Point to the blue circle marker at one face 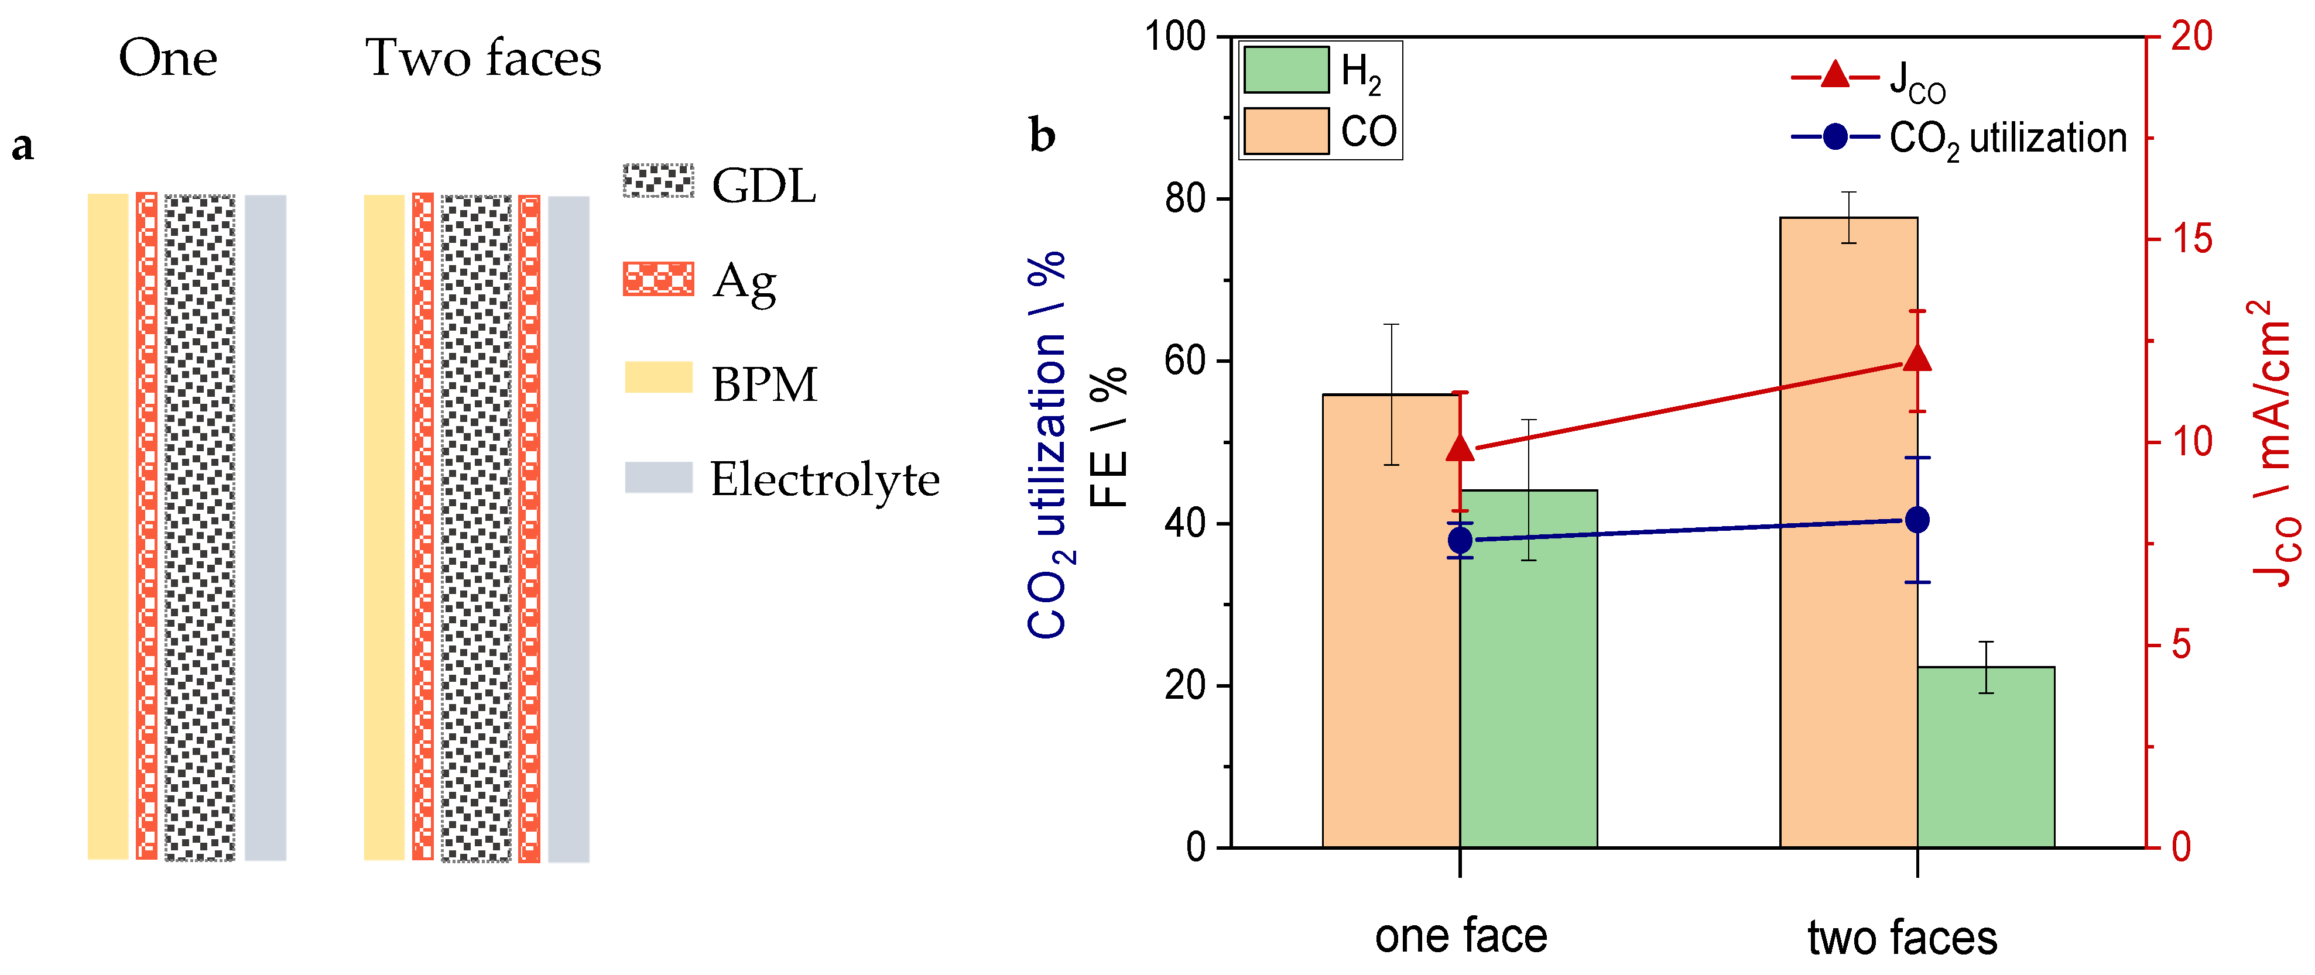point(1460,540)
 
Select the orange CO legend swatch point(1285,131)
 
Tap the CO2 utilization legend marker point(1835,138)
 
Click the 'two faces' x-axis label point(1902,938)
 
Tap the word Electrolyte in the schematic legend point(824,478)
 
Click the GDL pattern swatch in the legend point(658,181)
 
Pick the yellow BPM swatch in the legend point(658,377)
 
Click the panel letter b point(1042,136)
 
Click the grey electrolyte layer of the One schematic point(265,527)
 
